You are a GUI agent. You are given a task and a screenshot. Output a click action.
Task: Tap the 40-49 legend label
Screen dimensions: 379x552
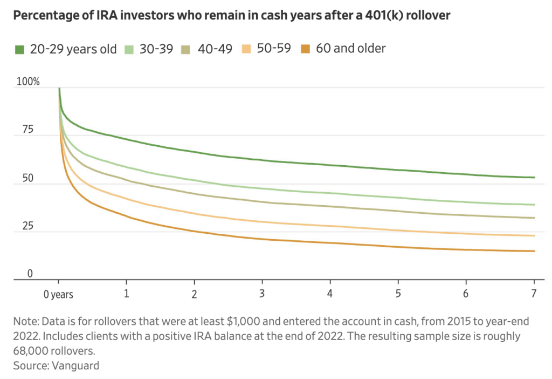tap(216, 49)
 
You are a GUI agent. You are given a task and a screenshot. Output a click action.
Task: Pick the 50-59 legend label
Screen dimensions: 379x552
tap(275, 49)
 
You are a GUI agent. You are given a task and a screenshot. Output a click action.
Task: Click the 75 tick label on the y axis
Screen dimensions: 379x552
tap(27, 130)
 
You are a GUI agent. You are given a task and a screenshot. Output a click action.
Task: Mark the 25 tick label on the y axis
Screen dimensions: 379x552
tap(27, 226)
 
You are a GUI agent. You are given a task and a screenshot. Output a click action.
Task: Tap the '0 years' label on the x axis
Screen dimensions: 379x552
tap(58, 295)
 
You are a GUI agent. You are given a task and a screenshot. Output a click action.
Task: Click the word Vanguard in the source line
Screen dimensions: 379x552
tap(75, 366)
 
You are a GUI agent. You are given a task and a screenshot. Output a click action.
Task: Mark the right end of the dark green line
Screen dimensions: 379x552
tap(534, 177)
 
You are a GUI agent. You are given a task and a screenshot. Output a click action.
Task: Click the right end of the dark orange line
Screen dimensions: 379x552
tap(534, 251)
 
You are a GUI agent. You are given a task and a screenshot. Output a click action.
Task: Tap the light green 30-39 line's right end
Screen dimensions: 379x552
tap(534, 205)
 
